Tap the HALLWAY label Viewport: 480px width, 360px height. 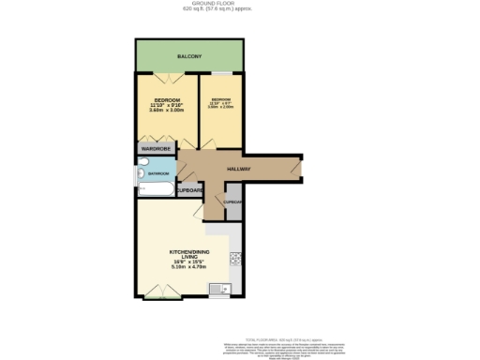point(238,169)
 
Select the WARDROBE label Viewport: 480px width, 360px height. point(155,148)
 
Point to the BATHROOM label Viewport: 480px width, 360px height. point(158,172)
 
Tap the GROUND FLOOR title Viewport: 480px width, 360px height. point(241,4)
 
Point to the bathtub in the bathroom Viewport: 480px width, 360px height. point(156,191)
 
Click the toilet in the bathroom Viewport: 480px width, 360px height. point(142,172)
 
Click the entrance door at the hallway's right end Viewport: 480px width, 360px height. point(296,169)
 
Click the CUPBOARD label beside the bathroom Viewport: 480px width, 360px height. point(190,190)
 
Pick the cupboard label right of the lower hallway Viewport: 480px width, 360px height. point(233,202)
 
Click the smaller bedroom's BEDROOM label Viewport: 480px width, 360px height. point(222,99)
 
